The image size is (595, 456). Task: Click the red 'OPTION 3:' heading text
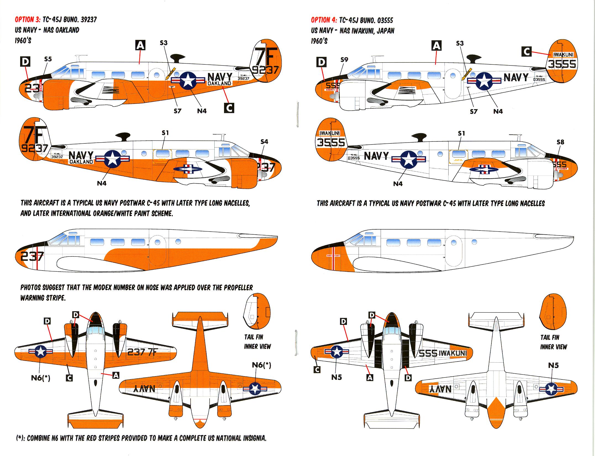click(27, 20)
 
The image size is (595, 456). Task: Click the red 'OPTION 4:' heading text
click(323, 20)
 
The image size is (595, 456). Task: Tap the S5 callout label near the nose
click(48, 59)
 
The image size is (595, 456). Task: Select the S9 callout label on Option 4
click(344, 60)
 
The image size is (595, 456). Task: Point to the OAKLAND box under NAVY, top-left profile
click(219, 83)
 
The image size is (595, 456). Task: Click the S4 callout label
click(264, 141)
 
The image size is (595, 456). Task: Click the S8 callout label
click(560, 142)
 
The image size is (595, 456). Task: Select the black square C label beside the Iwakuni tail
click(526, 51)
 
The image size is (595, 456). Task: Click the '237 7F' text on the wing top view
click(142, 352)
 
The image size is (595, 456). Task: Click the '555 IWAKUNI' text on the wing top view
click(443, 353)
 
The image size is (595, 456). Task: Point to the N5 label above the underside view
click(553, 365)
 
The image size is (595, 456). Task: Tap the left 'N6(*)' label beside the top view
click(41, 378)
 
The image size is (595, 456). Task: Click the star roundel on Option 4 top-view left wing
click(337, 352)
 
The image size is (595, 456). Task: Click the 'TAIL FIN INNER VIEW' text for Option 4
click(554, 342)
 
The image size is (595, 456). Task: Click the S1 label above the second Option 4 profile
click(461, 133)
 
